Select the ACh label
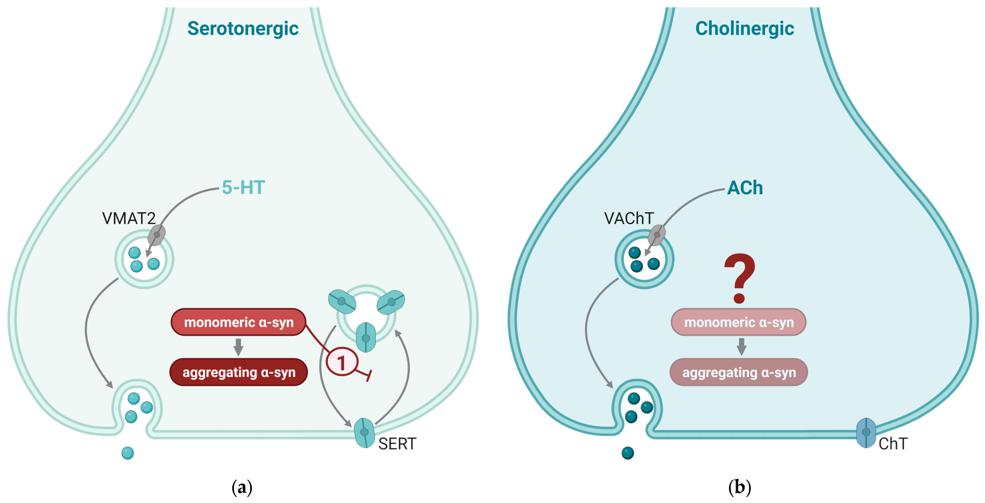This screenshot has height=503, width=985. click(x=745, y=188)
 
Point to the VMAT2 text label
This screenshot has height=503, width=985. click(x=129, y=218)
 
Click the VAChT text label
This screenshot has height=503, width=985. click(x=629, y=218)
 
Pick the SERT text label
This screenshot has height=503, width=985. click(x=397, y=444)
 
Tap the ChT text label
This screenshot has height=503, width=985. click(x=893, y=444)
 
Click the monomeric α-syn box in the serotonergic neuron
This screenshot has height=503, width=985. click(x=239, y=322)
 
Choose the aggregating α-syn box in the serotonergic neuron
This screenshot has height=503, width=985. click(x=239, y=372)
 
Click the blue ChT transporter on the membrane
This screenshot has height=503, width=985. click(x=866, y=432)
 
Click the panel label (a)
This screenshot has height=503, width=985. click(x=242, y=488)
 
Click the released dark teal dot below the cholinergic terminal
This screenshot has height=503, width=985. click(x=628, y=453)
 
